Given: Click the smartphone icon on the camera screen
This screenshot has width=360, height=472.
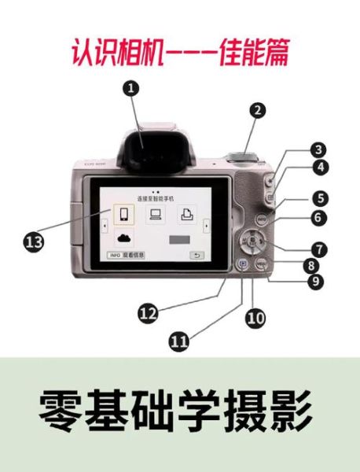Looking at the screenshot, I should (120, 213).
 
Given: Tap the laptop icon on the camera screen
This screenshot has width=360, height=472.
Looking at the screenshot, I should (154, 212).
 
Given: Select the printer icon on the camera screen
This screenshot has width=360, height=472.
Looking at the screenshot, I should (186, 212).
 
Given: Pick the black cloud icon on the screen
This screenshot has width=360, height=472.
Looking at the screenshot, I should (123, 238).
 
